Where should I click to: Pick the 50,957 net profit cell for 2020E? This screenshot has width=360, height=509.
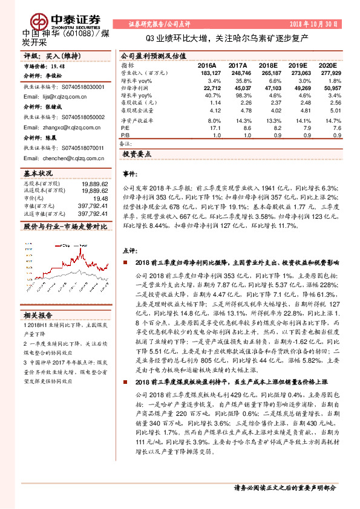click(x=326, y=87)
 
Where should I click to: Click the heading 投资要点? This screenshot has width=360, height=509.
click(x=136, y=155)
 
